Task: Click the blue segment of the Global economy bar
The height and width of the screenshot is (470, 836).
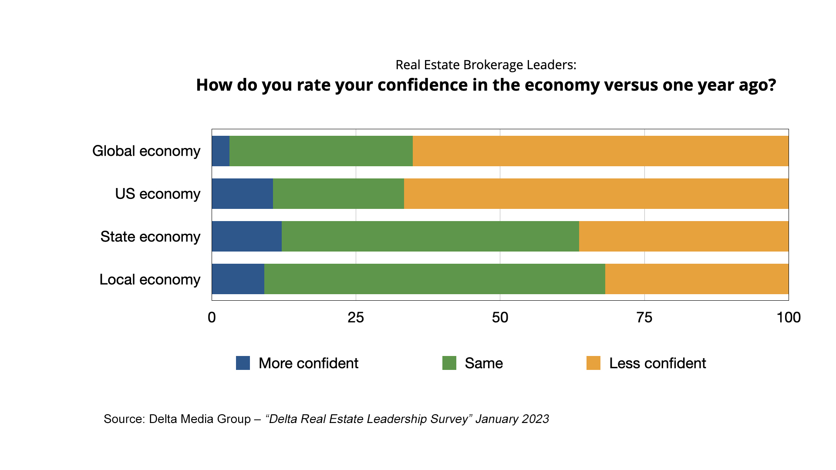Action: tap(220, 151)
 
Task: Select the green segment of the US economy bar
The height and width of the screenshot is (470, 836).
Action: tap(338, 194)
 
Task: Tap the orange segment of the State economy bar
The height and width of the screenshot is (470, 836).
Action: tap(684, 236)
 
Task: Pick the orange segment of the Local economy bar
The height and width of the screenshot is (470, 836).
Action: tap(697, 279)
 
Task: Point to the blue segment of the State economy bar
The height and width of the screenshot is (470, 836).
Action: tap(246, 236)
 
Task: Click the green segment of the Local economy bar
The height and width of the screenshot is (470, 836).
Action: tap(435, 279)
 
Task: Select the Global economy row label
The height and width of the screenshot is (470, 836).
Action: tap(146, 151)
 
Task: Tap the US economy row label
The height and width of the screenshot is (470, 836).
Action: tap(158, 194)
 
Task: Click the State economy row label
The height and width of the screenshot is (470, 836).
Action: tap(150, 237)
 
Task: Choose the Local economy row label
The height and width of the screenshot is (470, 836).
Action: tap(150, 279)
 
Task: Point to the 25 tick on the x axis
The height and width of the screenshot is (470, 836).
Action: tap(356, 318)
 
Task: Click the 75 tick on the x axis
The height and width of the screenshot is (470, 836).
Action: tap(644, 318)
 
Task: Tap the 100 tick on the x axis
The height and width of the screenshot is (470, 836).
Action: tap(789, 318)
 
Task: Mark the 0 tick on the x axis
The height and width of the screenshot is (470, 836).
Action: tap(212, 318)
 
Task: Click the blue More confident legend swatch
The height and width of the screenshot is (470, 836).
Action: tap(243, 363)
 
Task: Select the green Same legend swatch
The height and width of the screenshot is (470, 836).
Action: tap(449, 363)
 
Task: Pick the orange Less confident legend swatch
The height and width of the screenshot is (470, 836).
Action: tap(593, 363)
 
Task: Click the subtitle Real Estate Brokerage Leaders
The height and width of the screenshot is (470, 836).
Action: tap(485, 65)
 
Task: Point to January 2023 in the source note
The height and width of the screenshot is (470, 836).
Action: tap(512, 419)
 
